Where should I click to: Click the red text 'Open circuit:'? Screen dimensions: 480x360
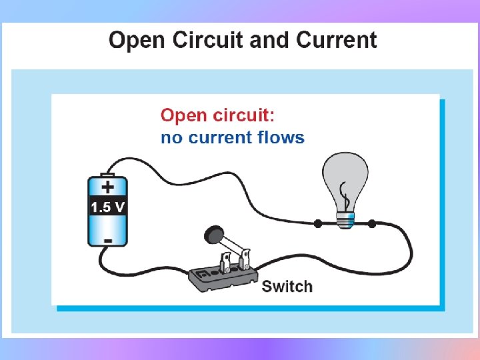point(217,115)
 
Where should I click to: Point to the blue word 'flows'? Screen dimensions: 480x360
point(281,138)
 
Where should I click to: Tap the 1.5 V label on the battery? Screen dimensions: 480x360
point(107,207)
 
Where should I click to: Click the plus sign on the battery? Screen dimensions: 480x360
point(107,187)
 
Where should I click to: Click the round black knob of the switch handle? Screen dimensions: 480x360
point(212,233)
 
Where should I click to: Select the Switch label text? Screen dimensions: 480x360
point(287,287)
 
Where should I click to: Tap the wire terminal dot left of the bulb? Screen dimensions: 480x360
point(318,224)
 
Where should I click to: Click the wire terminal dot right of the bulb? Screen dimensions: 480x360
point(372,224)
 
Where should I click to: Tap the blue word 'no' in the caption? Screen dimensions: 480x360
point(170,139)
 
